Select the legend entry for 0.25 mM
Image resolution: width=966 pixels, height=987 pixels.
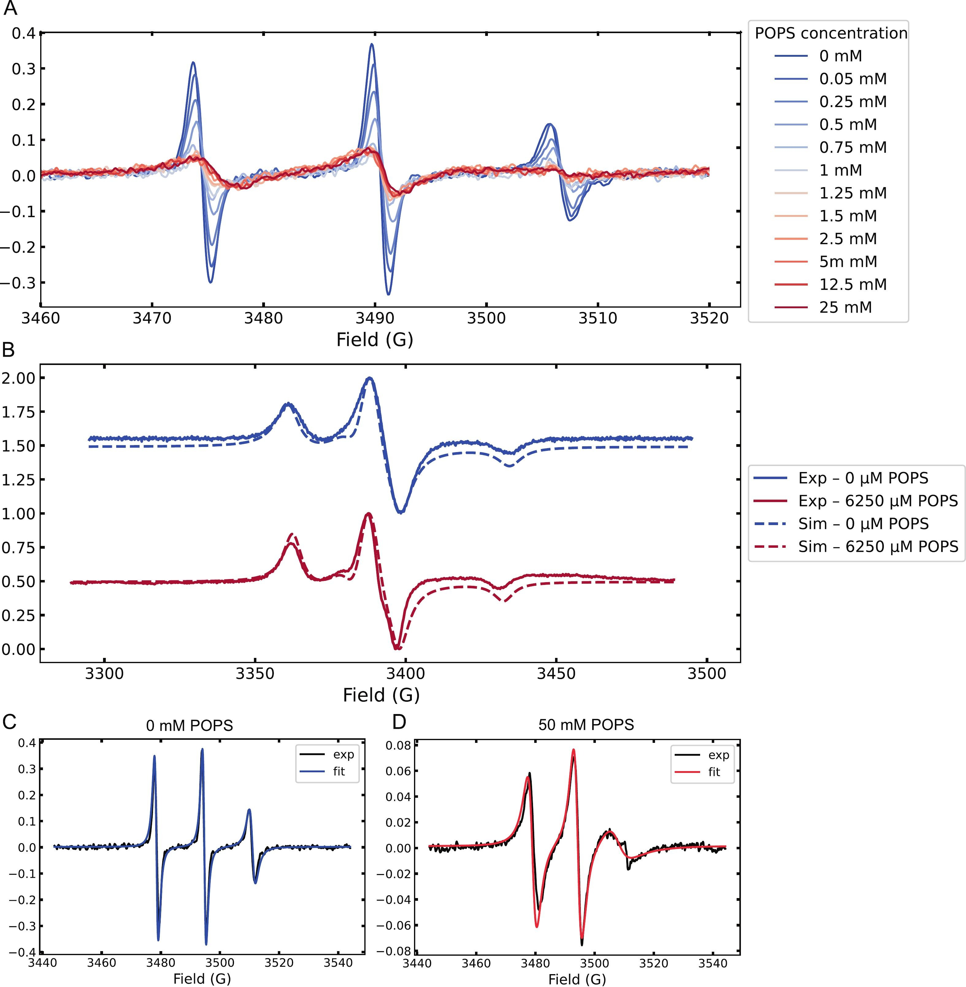tap(852, 102)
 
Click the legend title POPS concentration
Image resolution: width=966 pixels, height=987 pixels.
tap(830, 33)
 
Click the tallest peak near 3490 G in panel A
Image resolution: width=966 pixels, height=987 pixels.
tap(372, 45)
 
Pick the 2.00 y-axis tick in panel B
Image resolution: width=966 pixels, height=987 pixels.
tap(19, 378)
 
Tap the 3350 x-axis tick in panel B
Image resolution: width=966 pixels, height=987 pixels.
tap(255, 674)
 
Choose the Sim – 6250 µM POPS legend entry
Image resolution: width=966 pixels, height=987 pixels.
tap(878, 547)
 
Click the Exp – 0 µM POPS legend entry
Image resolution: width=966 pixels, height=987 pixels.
tap(862, 478)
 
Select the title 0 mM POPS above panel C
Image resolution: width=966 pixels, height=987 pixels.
tap(189, 725)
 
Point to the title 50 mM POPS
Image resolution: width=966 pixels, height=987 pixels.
tap(586, 725)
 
